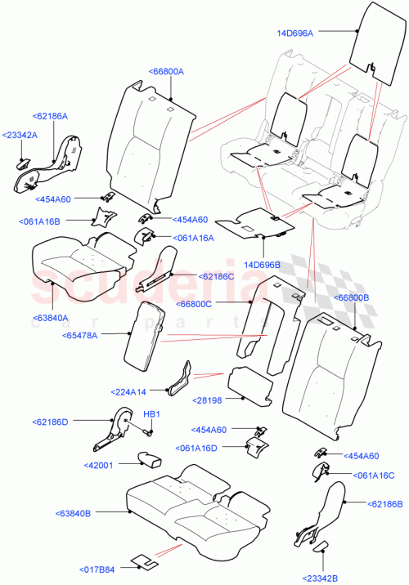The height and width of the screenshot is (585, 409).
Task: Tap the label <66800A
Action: (x=166, y=72)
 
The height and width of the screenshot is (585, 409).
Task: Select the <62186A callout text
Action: (x=51, y=118)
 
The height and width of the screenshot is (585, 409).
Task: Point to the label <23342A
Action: (x=20, y=135)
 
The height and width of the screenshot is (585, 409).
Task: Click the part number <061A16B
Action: (x=44, y=221)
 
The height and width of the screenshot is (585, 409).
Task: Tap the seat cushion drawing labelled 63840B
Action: (x=196, y=511)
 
